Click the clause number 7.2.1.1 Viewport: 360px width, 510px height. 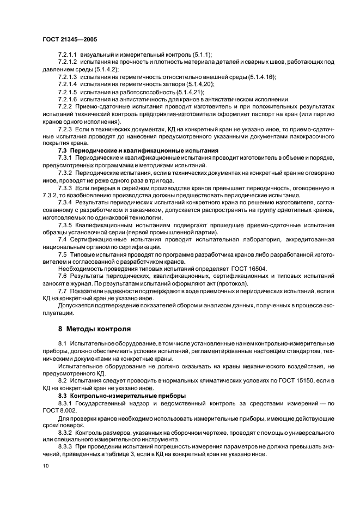tap(68, 55)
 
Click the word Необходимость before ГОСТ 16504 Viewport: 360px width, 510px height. tap(81, 269)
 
